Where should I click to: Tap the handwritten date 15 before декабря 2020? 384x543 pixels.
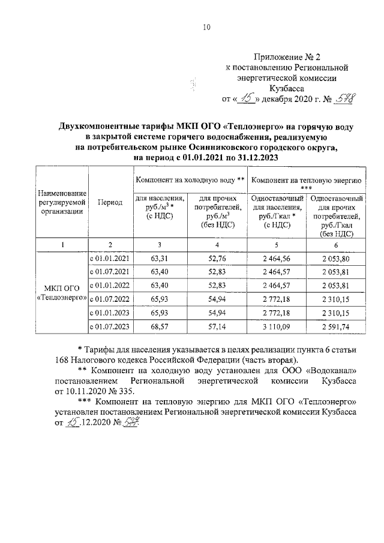(245, 98)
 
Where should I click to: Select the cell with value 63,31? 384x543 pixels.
(160, 259)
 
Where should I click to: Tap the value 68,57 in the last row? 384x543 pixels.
(160, 327)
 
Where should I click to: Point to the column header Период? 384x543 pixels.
(110, 203)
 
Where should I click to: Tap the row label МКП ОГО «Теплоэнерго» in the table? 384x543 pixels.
(62, 293)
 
